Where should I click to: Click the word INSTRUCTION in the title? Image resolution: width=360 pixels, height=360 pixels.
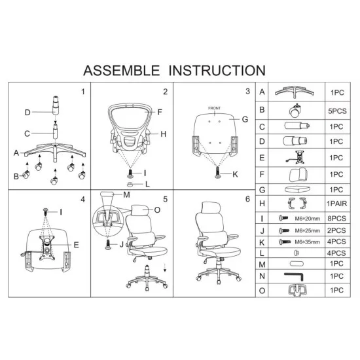pos(217,71)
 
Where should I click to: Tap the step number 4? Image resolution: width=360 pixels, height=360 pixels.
pos(83,200)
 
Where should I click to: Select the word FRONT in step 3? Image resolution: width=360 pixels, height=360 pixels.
pos(214,108)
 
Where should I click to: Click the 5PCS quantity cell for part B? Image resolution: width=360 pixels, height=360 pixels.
pos(337,111)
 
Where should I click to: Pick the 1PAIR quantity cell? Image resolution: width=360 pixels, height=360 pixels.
pos(337,204)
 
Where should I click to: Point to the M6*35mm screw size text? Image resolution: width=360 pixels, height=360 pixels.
pos(308,242)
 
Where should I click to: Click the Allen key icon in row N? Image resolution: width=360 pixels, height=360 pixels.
pos(294,276)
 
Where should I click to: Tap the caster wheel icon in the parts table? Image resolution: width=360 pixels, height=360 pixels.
pos(295,111)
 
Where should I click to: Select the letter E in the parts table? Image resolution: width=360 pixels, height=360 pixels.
pos(262,158)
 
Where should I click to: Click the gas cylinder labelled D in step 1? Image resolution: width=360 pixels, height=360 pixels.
pos(56,105)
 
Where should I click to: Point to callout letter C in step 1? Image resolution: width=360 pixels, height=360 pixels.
pos(27,134)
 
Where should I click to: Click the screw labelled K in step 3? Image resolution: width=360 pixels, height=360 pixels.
pos(218,172)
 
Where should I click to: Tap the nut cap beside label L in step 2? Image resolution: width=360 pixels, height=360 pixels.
pos(130,184)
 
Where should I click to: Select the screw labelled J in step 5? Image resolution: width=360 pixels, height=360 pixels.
pos(108,245)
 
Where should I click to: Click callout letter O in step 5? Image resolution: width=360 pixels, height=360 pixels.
pos(157,210)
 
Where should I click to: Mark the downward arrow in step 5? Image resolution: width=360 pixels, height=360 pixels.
pos(165,268)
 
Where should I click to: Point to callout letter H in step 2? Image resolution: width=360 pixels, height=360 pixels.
pos(163,134)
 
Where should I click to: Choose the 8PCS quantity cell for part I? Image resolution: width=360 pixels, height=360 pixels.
pos(336,219)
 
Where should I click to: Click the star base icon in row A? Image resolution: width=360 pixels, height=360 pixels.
pos(295,92)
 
